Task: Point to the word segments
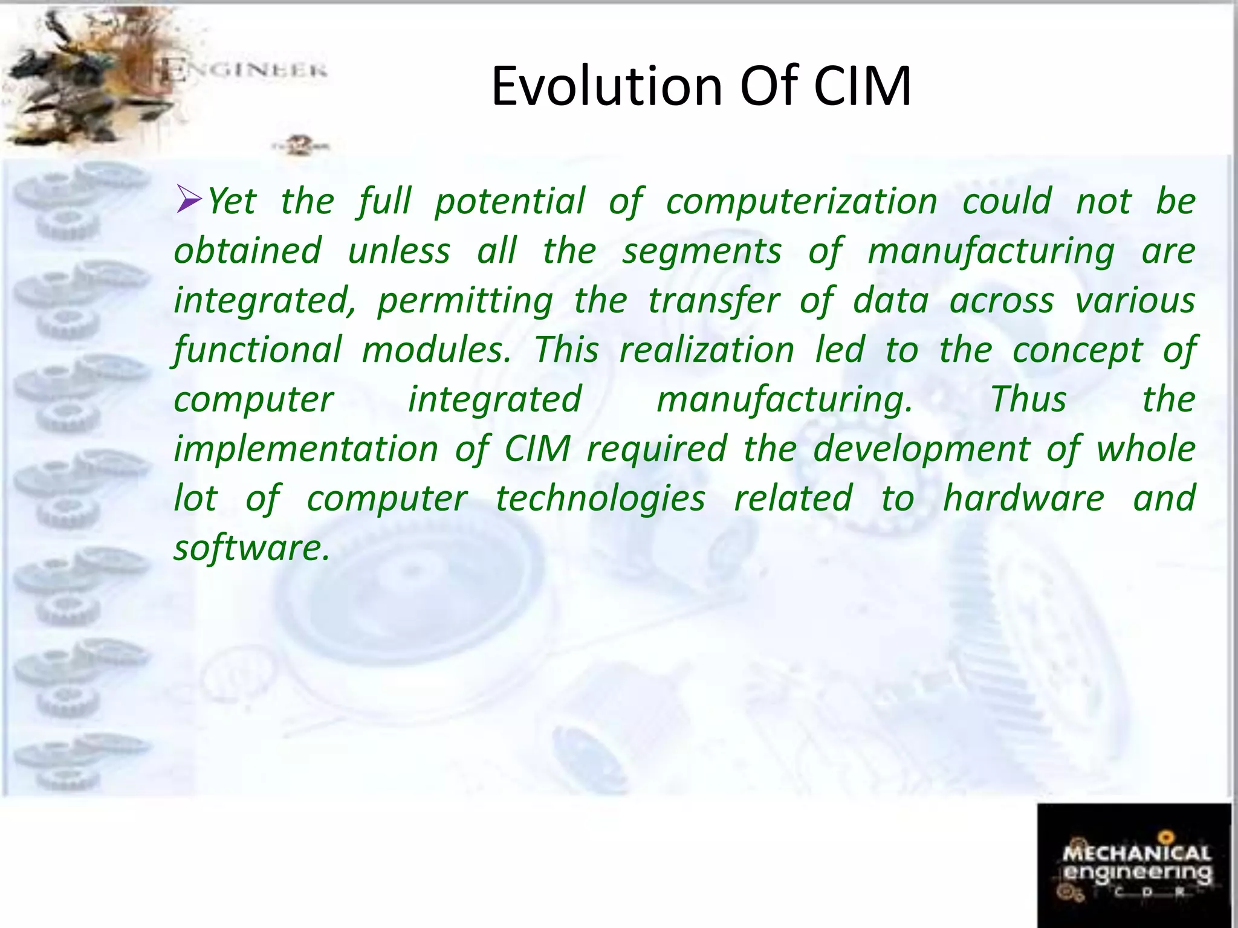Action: pos(702,251)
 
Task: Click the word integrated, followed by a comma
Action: pos(265,301)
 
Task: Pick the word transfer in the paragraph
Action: pos(713,301)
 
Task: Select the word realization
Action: pos(707,350)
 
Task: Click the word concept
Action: pos(1077,351)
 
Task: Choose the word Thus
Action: pos(1028,399)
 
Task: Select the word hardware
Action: pos(1023,498)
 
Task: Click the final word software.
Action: pos(251,548)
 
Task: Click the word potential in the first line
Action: pos(510,201)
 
